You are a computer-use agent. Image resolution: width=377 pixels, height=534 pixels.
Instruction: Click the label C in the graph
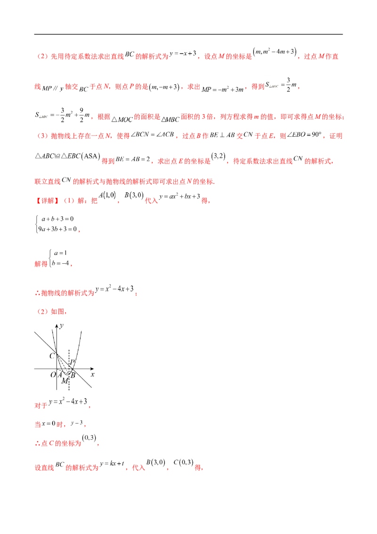click(x=52, y=356)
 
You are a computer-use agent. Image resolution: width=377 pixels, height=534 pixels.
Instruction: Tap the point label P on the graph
click(x=72, y=362)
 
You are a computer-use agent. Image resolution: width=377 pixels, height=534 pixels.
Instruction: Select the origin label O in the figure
click(x=53, y=375)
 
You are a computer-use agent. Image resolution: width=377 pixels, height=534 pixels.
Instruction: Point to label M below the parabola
click(x=64, y=381)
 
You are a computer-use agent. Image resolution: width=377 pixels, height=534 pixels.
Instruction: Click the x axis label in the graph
click(x=92, y=374)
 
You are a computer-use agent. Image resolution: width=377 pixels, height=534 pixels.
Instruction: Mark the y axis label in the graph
click(x=61, y=326)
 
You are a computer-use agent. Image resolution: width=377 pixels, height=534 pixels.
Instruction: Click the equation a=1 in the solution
click(x=61, y=253)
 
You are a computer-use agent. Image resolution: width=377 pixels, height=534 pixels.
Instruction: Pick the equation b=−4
click(x=61, y=263)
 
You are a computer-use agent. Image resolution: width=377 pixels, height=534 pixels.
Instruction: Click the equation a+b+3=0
click(x=57, y=218)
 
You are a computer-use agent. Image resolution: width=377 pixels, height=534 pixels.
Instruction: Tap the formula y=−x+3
click(x=183, y=53)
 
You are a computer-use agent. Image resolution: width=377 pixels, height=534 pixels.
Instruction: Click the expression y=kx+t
click(x=112, y=464)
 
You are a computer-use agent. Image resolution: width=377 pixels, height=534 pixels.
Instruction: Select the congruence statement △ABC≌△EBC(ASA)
click(x=68, y=156)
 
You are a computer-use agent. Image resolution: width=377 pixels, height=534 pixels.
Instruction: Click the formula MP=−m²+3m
click(x=222, y=89)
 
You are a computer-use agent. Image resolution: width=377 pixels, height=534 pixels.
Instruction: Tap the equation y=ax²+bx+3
click(x=180, y=197)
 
